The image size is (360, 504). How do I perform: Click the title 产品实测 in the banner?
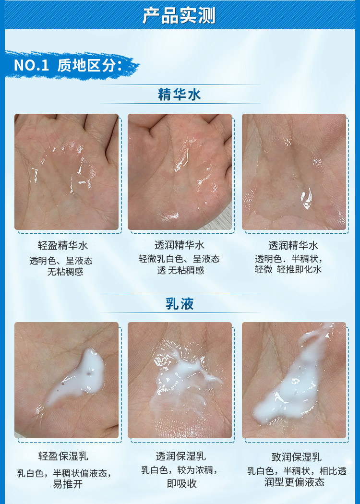click(179, 15)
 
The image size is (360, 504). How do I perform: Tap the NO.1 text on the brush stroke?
click(32, 65)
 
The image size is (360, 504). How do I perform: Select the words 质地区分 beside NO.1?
click(86, 65)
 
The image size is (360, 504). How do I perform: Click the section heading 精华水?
click(180, 95)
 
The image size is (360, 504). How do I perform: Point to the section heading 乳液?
click(180, 303)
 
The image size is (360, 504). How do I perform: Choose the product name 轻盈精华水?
click(63, 246)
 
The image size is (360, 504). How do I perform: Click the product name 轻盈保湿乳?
click(63, 456)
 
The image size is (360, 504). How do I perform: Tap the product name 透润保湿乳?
click(180, 456)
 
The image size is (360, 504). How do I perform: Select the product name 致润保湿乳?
click(296, 457)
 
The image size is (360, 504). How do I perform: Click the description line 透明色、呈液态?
click(61, 261)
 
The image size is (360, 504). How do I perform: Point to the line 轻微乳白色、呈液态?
click(180, 259)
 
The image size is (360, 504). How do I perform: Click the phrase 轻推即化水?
click(299, 269)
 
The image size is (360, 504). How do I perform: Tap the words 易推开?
click(68, 484)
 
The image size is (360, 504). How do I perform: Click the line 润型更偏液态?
click(294, 482)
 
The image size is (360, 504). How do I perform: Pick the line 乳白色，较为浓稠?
click(180, 470)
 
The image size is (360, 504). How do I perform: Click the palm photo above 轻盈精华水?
click(67, 172)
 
